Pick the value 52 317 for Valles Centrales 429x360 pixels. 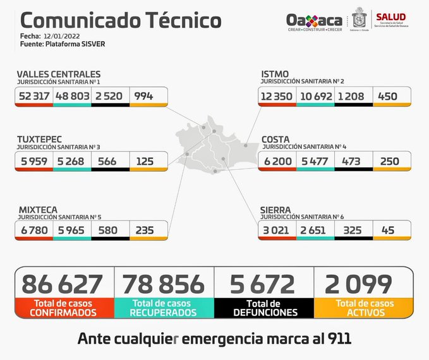34,95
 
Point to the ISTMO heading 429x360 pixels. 275,75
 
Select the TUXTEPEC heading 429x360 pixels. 42,140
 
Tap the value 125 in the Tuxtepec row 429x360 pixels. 145,161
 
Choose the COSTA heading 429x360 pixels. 276,140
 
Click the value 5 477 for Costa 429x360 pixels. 315,161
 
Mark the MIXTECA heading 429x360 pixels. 38,208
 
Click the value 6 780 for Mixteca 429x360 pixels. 34,230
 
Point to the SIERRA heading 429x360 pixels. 276,209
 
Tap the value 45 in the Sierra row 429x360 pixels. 390,230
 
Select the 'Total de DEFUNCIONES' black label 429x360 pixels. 264,308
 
